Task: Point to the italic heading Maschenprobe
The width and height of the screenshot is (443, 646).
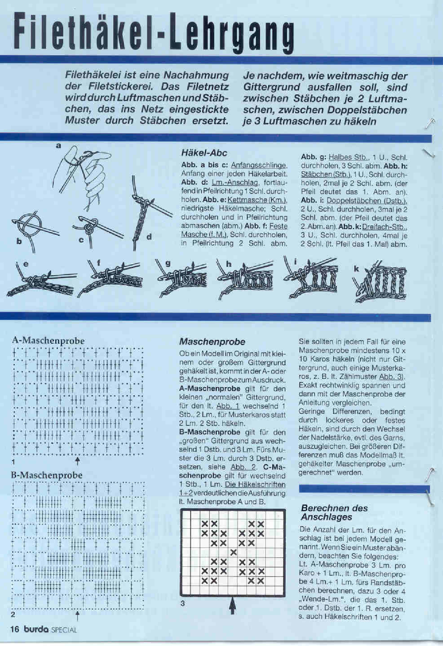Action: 212,342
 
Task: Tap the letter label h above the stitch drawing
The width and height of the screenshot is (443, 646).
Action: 229,264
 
